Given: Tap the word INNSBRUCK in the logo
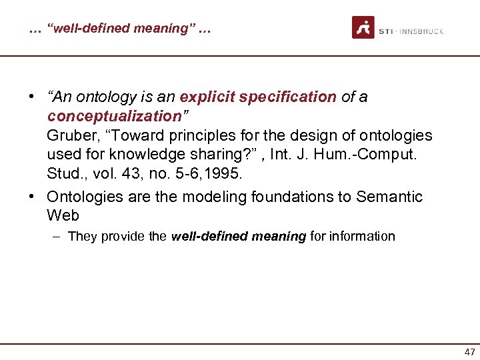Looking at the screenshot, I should click(422, 31).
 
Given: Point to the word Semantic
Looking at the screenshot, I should click(389, 197).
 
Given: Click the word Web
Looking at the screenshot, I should click(63, 216).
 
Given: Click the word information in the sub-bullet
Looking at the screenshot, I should click(363, 236).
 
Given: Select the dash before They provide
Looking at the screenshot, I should click(59, 236).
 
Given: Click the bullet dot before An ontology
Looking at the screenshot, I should click(32, 97).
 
